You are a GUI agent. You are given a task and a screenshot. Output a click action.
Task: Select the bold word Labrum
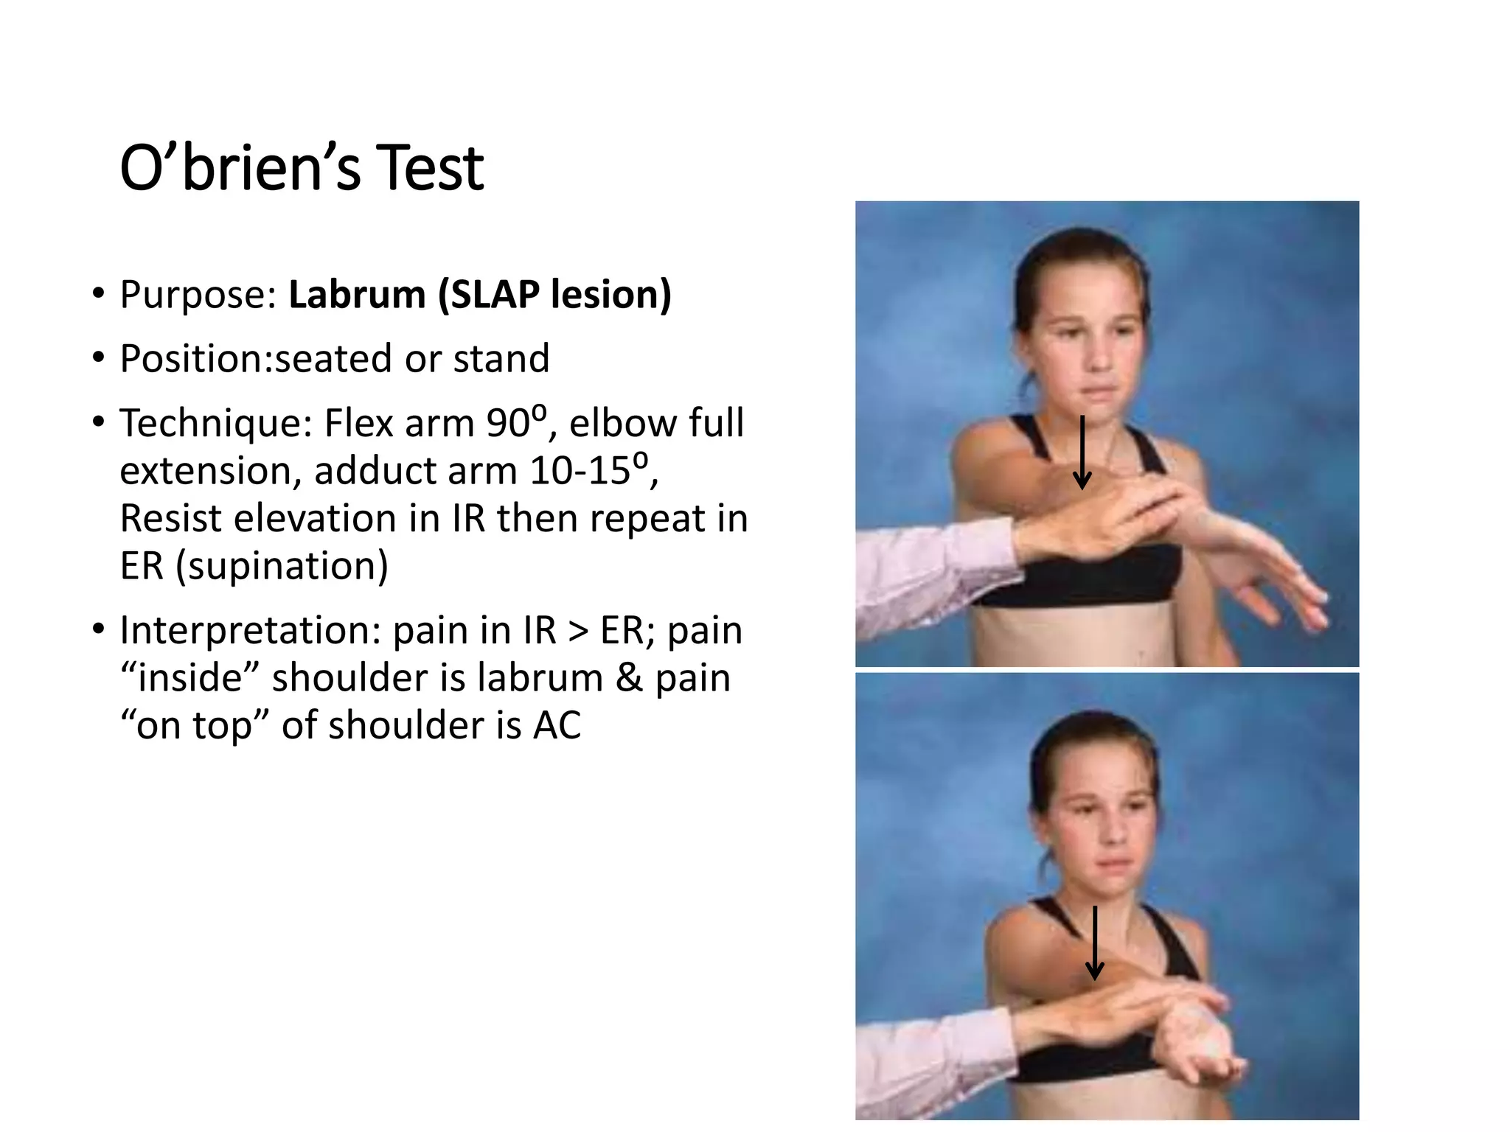pyautogui.click(x=357, y=294)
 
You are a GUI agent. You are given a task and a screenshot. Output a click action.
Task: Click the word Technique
pyautogui.click(x=216, y=424)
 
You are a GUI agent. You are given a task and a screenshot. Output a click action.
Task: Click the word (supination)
pyautogui.click(x=282, y=566)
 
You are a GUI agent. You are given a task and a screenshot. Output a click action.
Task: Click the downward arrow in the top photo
pyautogui.click(x=1082, y=452)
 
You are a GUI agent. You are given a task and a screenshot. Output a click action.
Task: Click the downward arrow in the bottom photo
pyautogui.click(x=1095, y=943)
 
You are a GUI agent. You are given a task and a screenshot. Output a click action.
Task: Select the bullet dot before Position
pyautogui.click(x=99, y=358)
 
